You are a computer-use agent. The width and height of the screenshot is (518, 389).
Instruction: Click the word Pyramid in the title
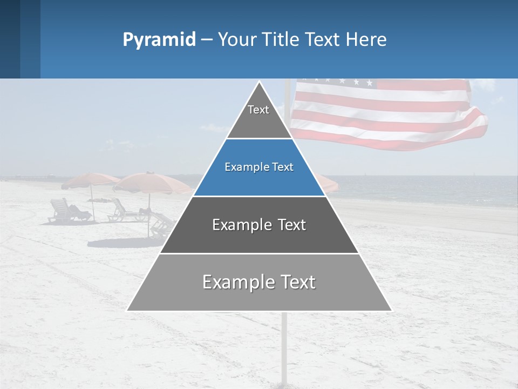pos(159,40)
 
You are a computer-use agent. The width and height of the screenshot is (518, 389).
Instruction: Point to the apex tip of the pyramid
pos(260,83)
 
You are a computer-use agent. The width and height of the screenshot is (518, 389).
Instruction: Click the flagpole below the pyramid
pos(284,346)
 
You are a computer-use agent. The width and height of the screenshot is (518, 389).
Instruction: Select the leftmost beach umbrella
pos(90,179)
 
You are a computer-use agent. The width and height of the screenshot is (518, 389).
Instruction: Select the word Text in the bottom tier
pos(296,282)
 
